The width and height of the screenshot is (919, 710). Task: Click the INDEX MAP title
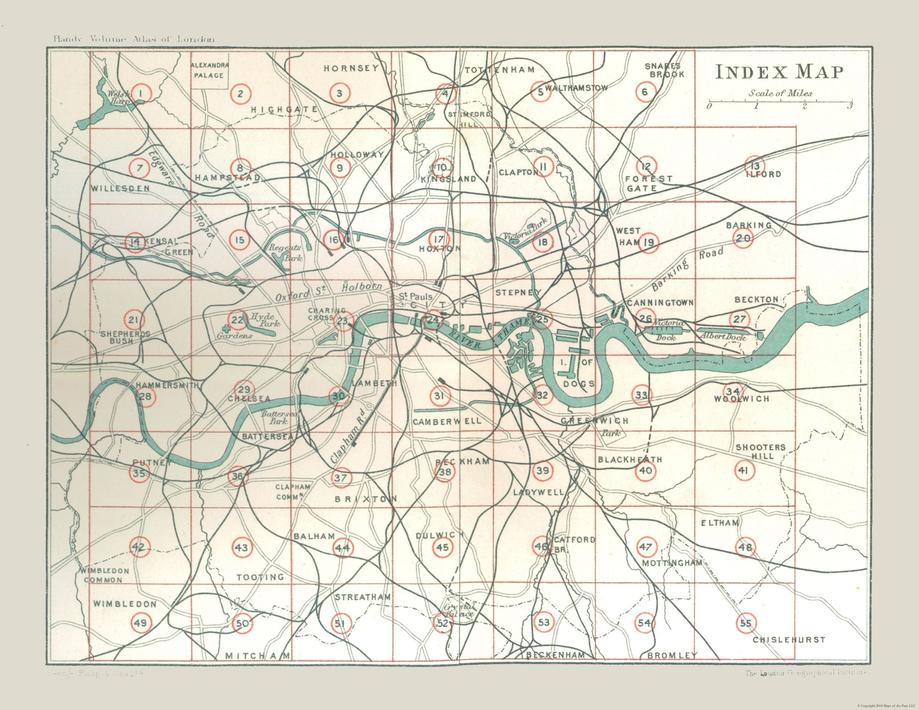pos(780,72)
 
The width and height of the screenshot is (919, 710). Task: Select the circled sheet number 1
pos(140,93)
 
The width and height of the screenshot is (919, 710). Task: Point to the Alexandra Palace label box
pos(210,70)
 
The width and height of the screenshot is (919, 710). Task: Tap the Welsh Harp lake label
pos(119,97)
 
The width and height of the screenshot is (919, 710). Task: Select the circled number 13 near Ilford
pos(754,165)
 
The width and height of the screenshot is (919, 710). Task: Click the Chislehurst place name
pos(789,640)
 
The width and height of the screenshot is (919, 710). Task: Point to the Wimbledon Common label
pos(105,575)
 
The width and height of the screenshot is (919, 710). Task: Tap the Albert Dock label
pos(722,337)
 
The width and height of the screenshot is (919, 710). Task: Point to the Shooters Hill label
pos(760,451)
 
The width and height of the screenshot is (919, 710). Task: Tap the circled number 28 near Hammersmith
pos(146,397)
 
